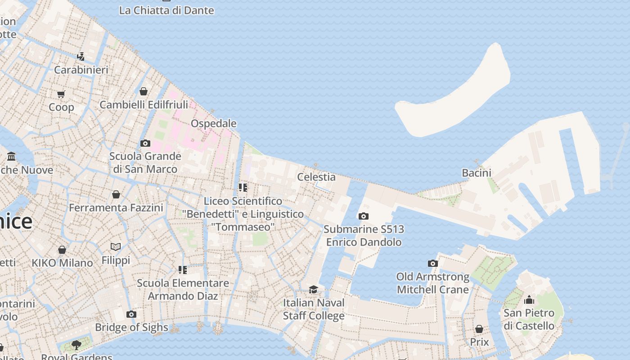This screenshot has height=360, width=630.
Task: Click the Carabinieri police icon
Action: point(81,57)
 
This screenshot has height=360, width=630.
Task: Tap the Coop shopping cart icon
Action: point(61,94)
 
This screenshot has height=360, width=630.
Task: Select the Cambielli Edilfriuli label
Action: point(144,105)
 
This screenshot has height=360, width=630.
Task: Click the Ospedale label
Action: point(213,123)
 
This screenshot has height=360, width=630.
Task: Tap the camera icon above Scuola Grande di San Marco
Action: point(145,143)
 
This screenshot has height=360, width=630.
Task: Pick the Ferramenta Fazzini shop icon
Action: point(116,194)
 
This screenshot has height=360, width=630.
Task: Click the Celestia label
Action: point(316,177)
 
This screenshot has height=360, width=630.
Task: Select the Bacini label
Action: point(477,173)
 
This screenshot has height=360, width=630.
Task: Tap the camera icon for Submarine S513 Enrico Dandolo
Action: point(364,216)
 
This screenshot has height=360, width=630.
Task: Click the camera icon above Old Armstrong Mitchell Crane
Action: point(432,263)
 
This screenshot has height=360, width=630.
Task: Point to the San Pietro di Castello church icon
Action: point(529,300)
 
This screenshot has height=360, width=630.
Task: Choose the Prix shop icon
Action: point(479,329)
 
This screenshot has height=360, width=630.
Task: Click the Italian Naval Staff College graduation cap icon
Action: point(313,289)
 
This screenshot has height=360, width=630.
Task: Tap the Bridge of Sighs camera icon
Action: point(131,314)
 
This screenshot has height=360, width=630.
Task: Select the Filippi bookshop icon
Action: point(116,247)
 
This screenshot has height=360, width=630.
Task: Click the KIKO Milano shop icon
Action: point(62,250)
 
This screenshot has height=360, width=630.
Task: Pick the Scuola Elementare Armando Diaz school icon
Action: point(183,270)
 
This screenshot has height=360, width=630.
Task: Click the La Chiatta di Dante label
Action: point(166,10)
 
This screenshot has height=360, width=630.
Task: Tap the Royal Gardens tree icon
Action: point(76,345)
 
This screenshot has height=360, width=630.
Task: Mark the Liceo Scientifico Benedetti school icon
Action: point(243,187)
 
